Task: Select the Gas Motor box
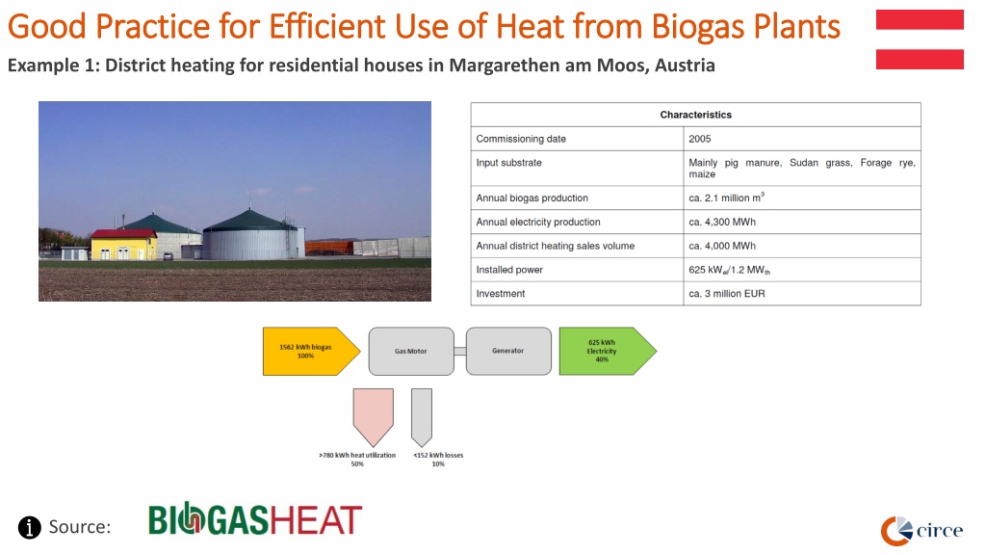point(411,351)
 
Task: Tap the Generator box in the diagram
point(508,351)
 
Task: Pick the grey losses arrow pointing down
point(422,416)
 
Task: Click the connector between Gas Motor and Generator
point(460,351)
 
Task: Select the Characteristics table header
point(695,115)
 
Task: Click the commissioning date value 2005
point(700,139)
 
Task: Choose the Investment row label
point(501,293)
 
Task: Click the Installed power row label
point(509,270)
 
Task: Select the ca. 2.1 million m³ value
point(726,197)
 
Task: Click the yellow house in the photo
point(124,245)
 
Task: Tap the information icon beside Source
point(30,527)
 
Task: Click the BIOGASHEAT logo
point(254,519)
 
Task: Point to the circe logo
point(921,531)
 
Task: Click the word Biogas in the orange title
point(699,27)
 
